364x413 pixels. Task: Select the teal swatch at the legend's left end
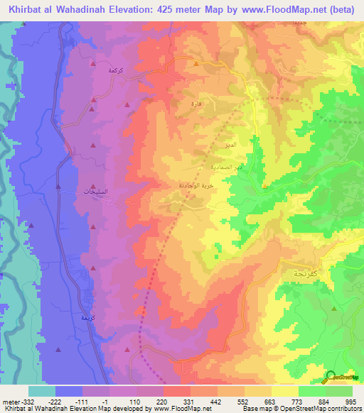click(x=41, y=391)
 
